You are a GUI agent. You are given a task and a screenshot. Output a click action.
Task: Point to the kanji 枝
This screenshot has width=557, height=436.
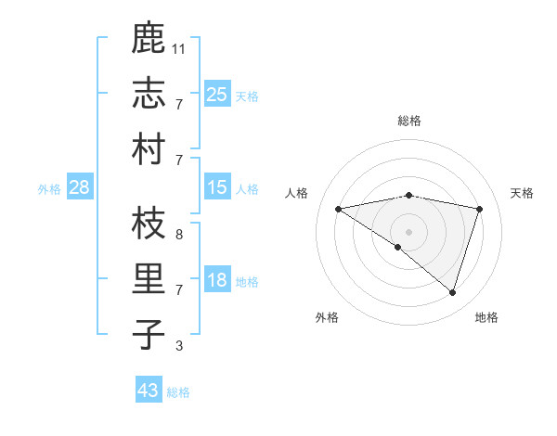(149, 224)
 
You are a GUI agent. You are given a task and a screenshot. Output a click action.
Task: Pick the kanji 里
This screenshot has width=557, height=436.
(149, 279)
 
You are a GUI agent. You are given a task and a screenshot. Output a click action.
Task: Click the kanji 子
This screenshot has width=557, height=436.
(149, 334)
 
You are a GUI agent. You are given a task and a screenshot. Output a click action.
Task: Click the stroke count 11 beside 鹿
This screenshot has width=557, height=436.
(179, 47)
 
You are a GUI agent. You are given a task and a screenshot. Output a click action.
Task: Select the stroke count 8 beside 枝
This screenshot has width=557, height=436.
(178, 235)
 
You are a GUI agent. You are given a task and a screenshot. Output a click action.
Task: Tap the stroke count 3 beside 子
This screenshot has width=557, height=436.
(178, 346)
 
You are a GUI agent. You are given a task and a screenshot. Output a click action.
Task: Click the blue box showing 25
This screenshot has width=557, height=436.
(216, 94)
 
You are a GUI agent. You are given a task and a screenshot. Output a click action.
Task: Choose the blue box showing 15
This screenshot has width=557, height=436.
(216, 188)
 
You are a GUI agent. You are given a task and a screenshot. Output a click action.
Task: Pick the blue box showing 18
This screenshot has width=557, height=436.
(216, 281)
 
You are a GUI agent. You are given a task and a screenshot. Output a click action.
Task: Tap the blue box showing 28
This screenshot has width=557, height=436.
(80, 188)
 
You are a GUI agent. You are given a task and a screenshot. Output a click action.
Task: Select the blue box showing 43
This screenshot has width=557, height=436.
(149, 391)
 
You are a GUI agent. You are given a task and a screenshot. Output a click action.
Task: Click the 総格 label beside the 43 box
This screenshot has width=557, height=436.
(178, 392)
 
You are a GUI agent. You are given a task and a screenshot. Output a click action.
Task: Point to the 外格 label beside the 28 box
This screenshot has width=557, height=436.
(49, 189)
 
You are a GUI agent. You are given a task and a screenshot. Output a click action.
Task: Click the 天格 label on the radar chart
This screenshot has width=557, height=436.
(522, 193)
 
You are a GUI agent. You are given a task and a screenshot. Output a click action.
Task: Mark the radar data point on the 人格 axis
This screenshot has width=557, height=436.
(339, 209)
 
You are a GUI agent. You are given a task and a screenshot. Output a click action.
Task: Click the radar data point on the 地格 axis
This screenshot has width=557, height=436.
(452, 292)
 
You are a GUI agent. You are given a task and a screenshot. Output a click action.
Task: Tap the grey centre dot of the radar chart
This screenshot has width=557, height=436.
(408, 231)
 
